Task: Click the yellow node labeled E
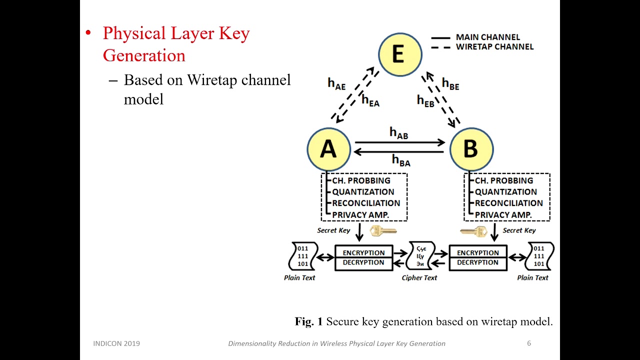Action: (x=399, y=53)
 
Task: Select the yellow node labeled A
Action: (x=328, y=149)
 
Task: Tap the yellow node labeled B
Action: (x=471, y=149)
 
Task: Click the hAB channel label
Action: (x=398, y=133)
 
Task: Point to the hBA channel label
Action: (x=401, y=160)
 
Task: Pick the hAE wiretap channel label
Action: (x=336, y=83)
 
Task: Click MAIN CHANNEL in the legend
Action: (x=487, y=37)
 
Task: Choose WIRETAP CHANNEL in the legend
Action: (x=494, y=47)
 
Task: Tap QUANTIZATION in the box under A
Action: (x=363, y=192)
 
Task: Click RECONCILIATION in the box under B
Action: (x=508, y=203)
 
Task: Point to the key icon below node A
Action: (x=383, y=231)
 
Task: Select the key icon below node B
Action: (x=473, y=231)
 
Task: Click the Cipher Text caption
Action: (x=419, y=278)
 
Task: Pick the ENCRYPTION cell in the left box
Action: (x=363, y=253)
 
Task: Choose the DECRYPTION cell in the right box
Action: (x=477, y=262)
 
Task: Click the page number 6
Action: (x=529, y=343)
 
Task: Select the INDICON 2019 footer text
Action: (x=116, y=343)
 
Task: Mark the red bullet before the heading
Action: (x=88, y=33)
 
